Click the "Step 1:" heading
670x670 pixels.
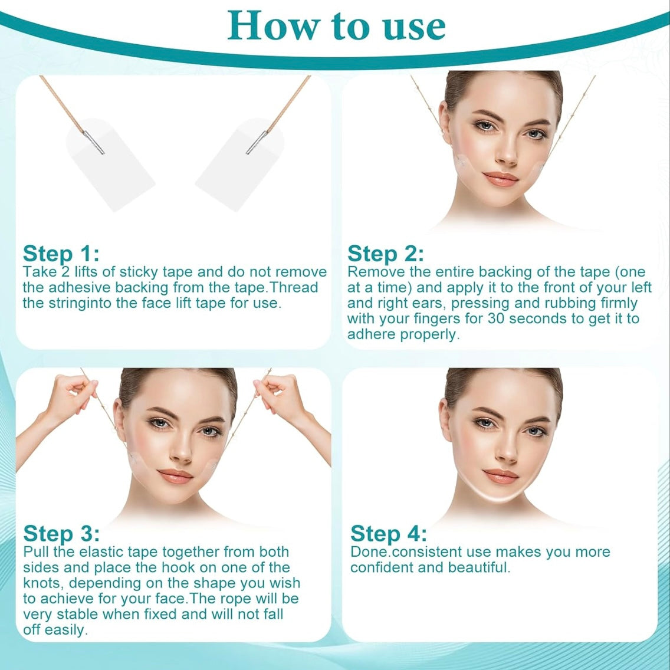tap(61, 254)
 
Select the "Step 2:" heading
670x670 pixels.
tap(386, 254)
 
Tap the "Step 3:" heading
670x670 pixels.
tap(61, 533)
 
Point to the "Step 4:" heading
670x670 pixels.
tap(389, 533)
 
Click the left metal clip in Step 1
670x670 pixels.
tap(94, 142)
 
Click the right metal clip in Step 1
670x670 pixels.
tap(257, 142)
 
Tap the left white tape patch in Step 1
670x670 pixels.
tap(110, 165)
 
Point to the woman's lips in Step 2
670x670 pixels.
tap(501, 179)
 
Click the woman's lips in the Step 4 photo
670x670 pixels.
tap(501, 477)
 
